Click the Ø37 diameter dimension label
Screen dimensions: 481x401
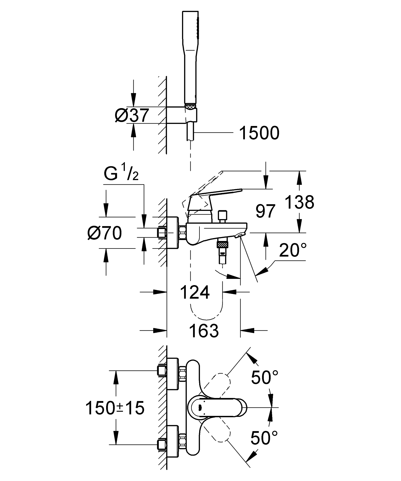(x=132, y=116)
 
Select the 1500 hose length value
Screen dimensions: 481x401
(x=259, y=133)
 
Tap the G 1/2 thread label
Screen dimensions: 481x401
(x=121, y=174)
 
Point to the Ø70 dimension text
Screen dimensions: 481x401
(x=105, y=233)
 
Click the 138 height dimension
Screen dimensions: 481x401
(x=300, y=202)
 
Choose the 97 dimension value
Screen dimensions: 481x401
(x=265, y=211)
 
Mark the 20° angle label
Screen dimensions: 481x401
(x=293, y=250)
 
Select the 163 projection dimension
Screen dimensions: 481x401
(x=204, y=331)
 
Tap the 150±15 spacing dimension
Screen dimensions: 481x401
(x=115, y=408)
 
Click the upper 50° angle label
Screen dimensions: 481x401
(x=265, y=377)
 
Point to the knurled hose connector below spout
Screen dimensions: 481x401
(x=222, y=244)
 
